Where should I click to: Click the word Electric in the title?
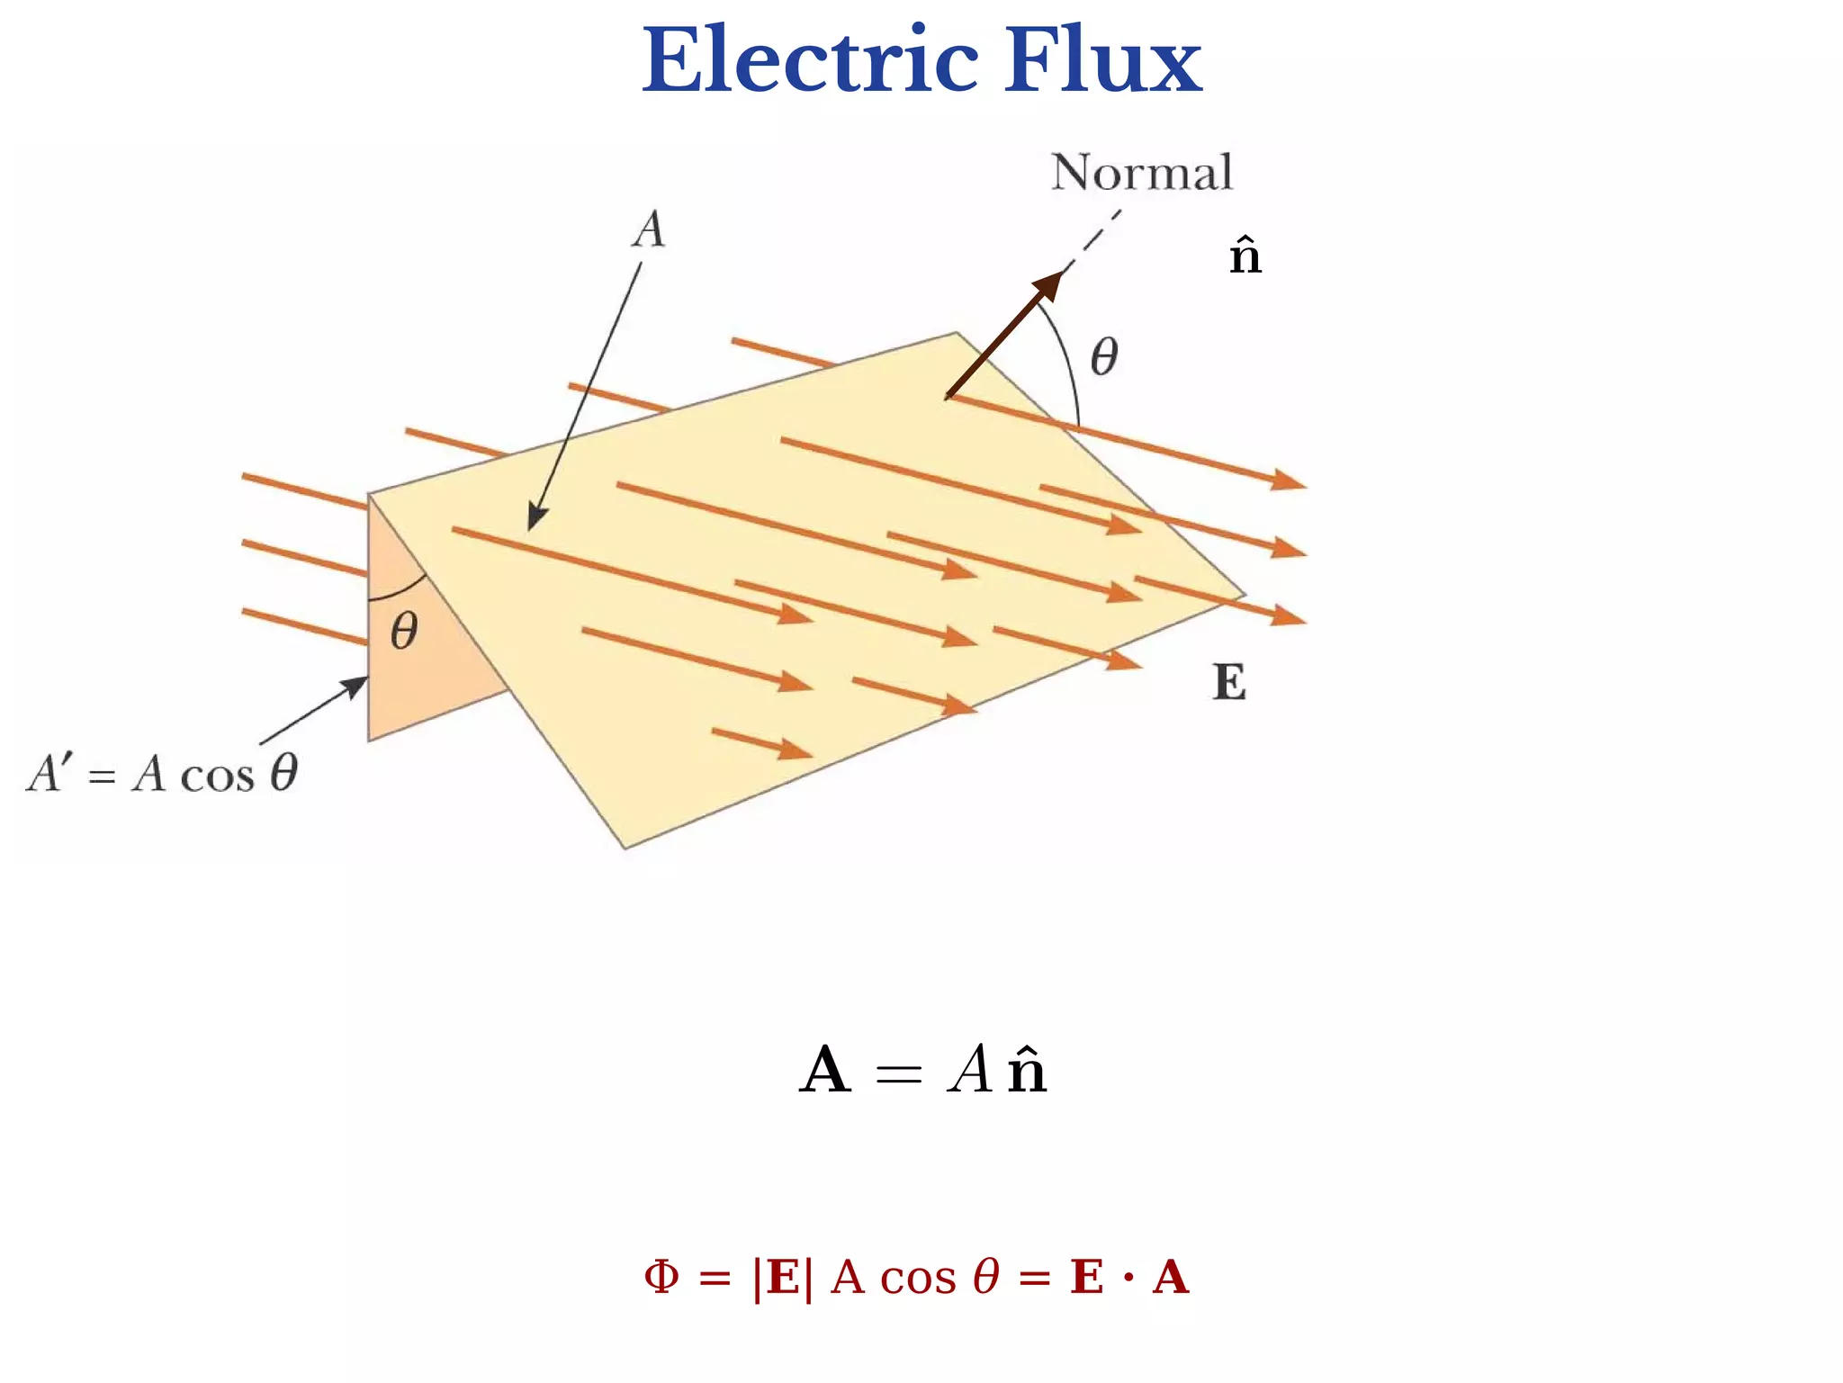[x=810, y=61]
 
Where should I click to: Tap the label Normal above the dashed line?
[x=1141, y=173]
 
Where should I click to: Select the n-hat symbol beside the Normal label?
[x=1245, y=256]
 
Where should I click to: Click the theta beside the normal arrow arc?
[x=1104, y=357]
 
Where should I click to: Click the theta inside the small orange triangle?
[x=404, y=631]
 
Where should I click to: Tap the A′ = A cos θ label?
[x=163, y=774]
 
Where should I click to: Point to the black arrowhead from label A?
[x=536, y=519]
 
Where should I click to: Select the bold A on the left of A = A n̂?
[x=824, y=1071]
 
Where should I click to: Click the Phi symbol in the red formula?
[x=661, y=1277]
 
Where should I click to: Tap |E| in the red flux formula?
[x=782, y=1278]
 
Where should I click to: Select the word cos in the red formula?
[x=918, y=1278]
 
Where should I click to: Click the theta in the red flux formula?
[x=986, y=1277]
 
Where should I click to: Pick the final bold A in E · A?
[x=1171, y=1278]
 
